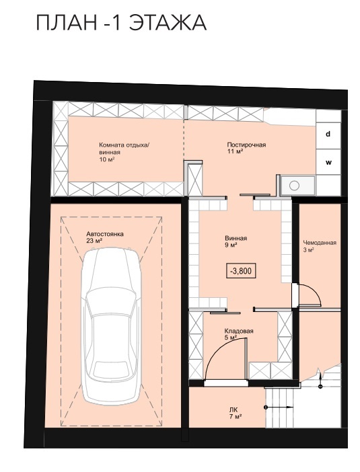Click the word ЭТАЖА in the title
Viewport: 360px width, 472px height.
pyautogui.click(x=168, y=22)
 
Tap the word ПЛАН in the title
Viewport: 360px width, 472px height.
pyautogui.click(x=67, y=23)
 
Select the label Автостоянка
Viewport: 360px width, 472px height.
pyautogui.click(x=105, y=234)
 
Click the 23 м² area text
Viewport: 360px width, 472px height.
pyautogui.click(x=94, y=240)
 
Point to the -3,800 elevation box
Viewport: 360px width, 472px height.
pyautogui.click(x=241, y=270)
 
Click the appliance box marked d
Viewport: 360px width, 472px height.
pyautogui.click(x=328, y=134)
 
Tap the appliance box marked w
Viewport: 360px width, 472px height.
pyautogui.click(x=328, y=163)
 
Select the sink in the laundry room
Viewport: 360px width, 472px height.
pyautogui.click(x=294, y=186)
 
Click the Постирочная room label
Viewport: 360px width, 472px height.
pyautogui.click(x=246, y=145)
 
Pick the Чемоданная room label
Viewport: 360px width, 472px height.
pyautogui.click(x=320, y=243)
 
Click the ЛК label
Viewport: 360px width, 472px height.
pyautogui.click(x=233, y=409)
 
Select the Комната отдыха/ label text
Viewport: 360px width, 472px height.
pyautogui.click(x=124, y=145)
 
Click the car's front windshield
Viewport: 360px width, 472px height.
pyautogui.click(x=111, y=304)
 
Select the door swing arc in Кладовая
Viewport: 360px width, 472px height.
pyautogui.click(x=219, y=349)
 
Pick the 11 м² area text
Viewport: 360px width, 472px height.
pyautogui.click(x=235, y=151)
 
